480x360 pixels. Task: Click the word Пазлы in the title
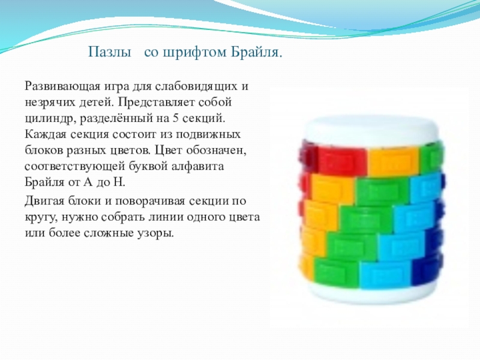point(110,52)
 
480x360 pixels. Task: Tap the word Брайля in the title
point(256,53)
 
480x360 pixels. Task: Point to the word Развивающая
point(62,86)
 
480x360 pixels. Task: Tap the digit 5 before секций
point(175,118)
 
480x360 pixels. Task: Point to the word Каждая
point(44,134)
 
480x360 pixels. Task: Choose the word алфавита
point(197,166)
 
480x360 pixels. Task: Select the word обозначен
point(216,151)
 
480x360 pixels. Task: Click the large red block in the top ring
point(341,160)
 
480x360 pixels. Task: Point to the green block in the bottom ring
point(337,271)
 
